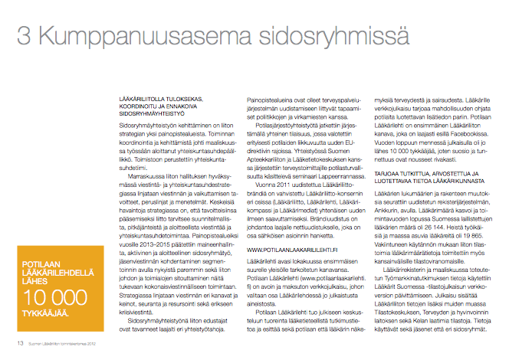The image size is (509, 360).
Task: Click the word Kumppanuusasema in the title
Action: [x=134, y=35]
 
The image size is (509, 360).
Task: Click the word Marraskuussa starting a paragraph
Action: [x=149, y=153]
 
